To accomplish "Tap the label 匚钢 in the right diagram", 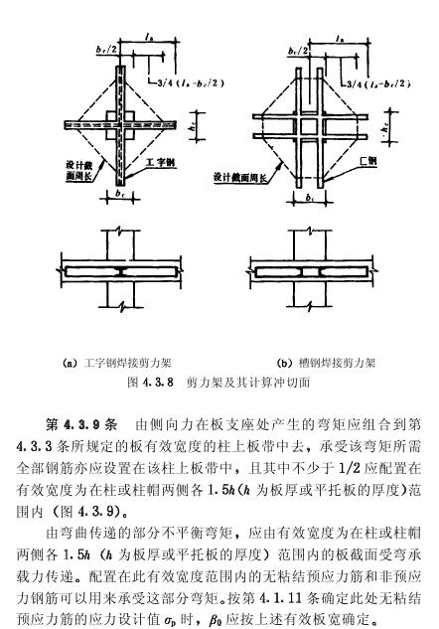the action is click(368, 161).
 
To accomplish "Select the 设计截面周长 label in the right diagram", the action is click(240, 177).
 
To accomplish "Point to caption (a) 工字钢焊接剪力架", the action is click(117, 363).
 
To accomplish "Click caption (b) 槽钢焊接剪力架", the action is click(327, 363).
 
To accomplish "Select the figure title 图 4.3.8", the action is click(150, 382).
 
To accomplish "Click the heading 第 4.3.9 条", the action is click(81, 425).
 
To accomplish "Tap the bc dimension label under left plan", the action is click(120, 193).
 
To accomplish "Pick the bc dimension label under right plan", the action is click(310, 198).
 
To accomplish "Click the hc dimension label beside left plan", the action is click(193, 126).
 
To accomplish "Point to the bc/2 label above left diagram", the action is click(107, 49).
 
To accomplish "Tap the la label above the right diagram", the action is click(340, 39).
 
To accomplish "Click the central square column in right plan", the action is click(309, 126).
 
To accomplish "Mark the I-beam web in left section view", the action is click(120, 271).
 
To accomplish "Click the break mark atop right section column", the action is click(310, 230).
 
